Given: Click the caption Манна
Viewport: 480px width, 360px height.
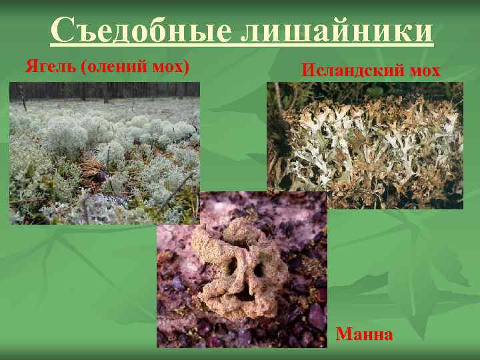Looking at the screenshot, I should click(364, 333).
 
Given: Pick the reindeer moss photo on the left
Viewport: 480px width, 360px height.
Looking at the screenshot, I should click(105, 153).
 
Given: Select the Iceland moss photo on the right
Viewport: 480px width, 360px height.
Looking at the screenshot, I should click(365, 145).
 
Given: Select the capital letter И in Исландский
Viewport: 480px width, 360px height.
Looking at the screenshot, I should click(307, 69).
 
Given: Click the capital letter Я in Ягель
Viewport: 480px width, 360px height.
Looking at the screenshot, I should click(31, 67).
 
